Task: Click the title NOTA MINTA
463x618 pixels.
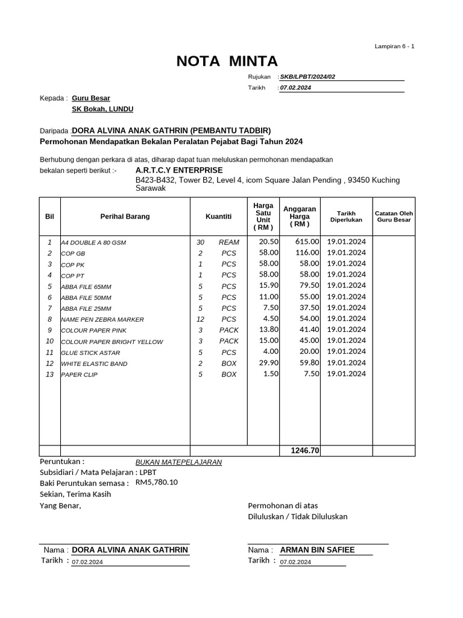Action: pos(227,62)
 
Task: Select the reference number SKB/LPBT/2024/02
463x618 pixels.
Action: pos(307,77)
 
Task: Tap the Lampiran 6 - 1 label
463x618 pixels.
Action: pos(394,46)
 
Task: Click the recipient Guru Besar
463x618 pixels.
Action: pos(91,98)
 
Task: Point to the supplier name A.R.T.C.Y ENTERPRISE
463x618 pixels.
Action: pos(179,170)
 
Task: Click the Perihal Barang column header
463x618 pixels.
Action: pos(125,216)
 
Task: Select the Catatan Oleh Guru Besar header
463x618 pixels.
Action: pos(394,217)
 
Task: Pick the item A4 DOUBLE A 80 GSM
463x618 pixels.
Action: pos(93,243)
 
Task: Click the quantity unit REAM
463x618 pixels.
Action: pos(228,242)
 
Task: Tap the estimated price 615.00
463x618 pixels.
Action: pos(306,241)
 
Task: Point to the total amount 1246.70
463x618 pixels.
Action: pos(305,451)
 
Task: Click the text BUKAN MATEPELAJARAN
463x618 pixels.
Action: pos(178,462)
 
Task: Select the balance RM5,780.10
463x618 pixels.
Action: pos(157,482)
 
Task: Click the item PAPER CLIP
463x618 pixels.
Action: pos(79,375)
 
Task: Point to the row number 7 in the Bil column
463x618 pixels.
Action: pos(49,308)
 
